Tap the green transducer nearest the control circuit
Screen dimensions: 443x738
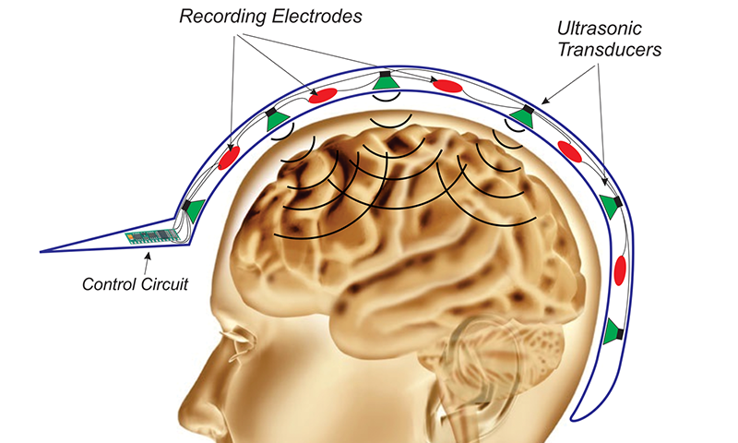194,209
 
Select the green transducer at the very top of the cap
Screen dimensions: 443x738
385,83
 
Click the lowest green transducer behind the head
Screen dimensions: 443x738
613,332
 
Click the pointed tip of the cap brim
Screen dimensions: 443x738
44,250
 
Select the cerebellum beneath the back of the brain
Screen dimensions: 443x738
517,318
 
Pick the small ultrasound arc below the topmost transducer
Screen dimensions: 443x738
387,122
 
